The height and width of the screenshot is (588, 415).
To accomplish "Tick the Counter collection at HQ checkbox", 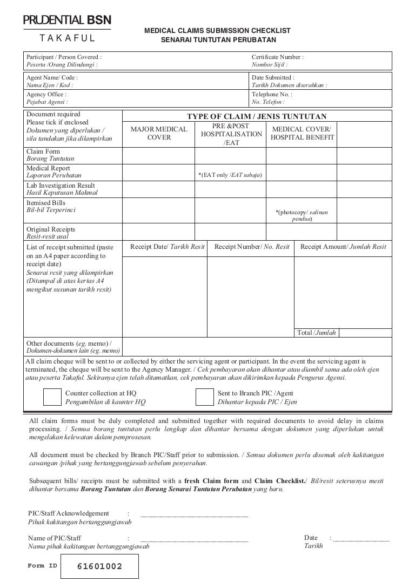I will click(52, 398).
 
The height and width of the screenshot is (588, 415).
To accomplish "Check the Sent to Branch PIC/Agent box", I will click(204, 398).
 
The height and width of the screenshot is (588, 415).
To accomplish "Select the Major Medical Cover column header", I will click(159, 133).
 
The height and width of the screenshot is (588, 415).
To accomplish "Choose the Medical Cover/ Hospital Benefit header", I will click(303, 134).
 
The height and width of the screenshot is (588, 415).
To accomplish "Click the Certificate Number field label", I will click(278, 57).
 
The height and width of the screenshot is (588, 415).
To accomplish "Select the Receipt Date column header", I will click(168, 247).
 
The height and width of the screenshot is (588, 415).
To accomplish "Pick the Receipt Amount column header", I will click(343, 247).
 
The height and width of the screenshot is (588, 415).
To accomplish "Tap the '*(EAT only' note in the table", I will click(230, 175).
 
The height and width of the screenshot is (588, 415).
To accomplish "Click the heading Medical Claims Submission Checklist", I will click(217, 31).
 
